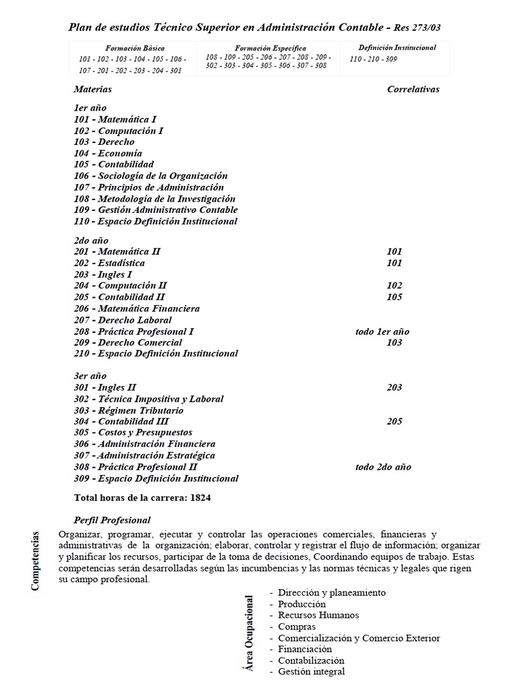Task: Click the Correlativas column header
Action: coord(413,89)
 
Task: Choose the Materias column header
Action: coord(93,89)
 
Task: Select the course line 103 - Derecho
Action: coord(105,142)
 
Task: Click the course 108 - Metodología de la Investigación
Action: coord(154,199)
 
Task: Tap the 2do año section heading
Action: coord(91,241)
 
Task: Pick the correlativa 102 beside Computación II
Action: coord(395,286)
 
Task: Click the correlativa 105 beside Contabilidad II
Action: coord(395,297)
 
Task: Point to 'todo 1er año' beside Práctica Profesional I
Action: coord(382,332)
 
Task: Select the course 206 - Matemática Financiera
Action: coord(137,309)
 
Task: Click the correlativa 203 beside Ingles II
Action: coord(395,387)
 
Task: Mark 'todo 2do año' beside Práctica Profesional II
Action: coord(383,467)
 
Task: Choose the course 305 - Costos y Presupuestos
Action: coord(133,433)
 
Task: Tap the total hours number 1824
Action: coord(202,498)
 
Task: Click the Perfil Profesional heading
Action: coord(112,520)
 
